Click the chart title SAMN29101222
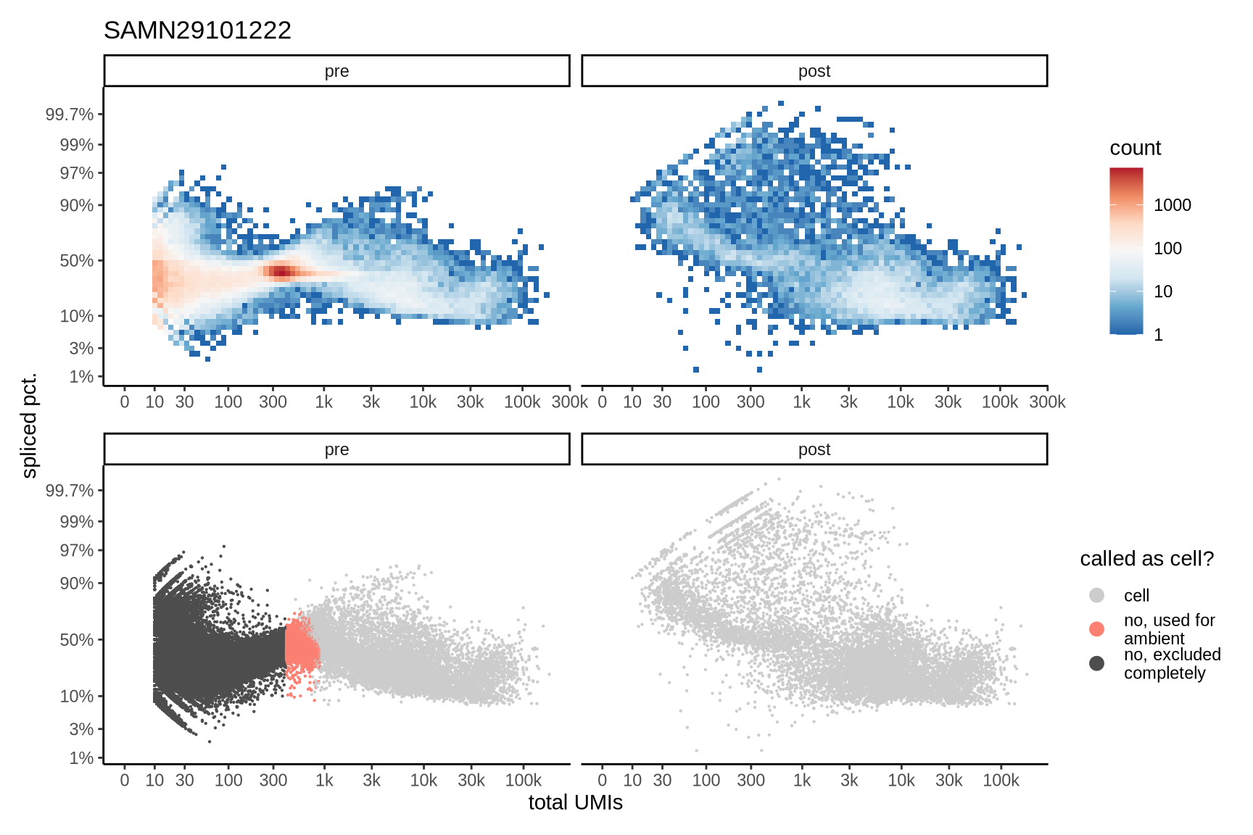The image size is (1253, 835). (x=197, y=30)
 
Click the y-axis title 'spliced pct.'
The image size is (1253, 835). (x=29, y=425)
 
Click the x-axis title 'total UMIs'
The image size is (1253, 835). (x=575, y=802)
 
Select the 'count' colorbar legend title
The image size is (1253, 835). (x=1135, y=149)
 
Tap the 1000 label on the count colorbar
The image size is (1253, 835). (x=1172, y=205)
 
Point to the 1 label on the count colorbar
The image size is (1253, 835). (x=1158, y=335)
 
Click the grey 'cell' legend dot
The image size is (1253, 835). (x=1096, y=595)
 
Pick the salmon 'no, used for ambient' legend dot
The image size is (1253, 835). (x=1096, y=629)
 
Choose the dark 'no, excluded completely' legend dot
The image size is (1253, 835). (x=1096, y=663)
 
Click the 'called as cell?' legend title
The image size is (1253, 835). (x=1146, y=559)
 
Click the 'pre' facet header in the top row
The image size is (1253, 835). (x=336, y=71)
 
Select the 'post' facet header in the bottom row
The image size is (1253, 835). (x=814, y=449)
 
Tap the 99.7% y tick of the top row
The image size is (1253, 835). (x=70, y=115)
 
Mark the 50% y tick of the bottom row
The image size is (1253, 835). (x=77, y=639)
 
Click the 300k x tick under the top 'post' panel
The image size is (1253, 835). (x=1047, y=402)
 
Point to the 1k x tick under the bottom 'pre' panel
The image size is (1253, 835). (x=324, y=781)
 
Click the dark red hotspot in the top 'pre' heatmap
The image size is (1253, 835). (x=281, y=272)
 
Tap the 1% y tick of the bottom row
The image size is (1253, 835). (x=81, y=758)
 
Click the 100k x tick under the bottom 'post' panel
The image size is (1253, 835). (x=1001, y=781)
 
